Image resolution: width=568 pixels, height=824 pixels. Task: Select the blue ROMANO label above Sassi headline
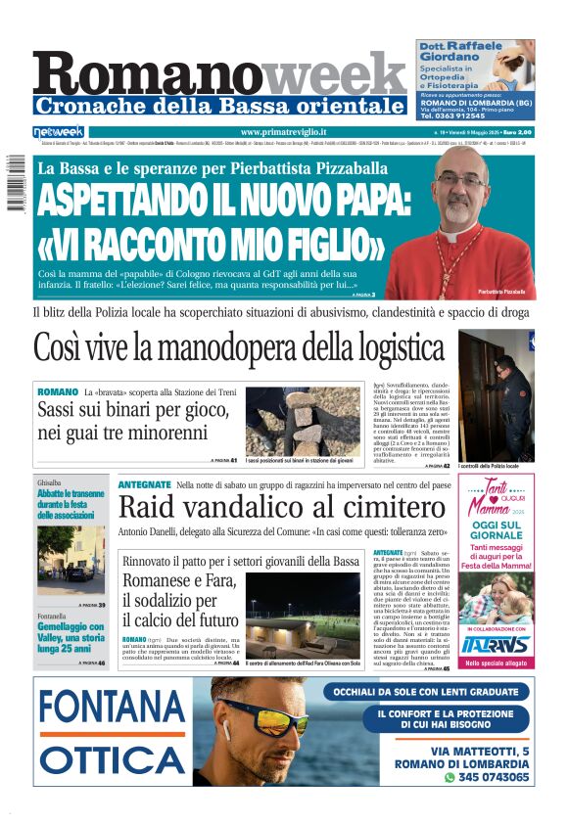(58, 391)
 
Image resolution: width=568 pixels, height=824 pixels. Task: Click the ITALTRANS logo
(497, 644)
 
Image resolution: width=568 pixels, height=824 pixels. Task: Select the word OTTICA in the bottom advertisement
(114, 760)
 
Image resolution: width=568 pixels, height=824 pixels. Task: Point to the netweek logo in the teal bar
(59, 132)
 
